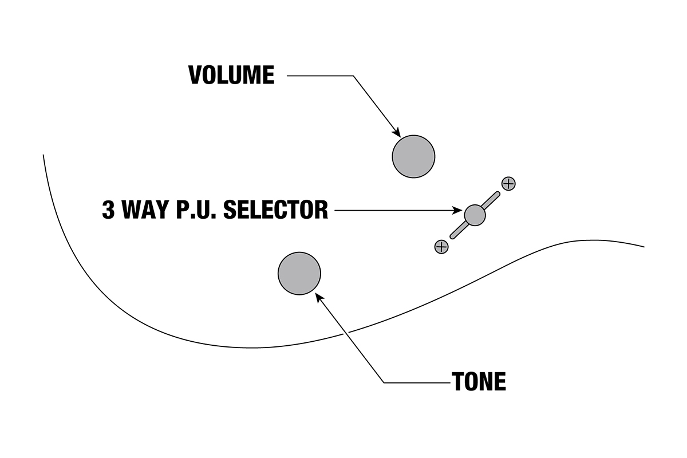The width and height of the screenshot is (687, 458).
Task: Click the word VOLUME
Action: pos(231,76)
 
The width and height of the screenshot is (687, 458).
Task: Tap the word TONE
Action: pos(479,382)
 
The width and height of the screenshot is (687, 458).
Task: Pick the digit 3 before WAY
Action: pos(108,210)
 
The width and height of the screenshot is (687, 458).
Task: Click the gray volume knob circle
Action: pos(413,156)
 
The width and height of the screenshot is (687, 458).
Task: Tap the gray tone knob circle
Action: pos(299,273)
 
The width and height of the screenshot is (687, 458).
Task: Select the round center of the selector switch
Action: pos(475,215)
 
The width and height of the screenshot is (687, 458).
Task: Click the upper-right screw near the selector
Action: pos(508,183)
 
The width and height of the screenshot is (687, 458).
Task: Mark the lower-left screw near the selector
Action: pos(441,247)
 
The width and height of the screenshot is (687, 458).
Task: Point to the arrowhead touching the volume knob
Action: pos(396,132)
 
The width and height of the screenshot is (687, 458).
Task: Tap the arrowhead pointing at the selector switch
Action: pos(460,211)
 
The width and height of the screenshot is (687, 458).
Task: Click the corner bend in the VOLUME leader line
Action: pos(353,76)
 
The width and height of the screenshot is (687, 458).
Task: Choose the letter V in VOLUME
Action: pos(196,76)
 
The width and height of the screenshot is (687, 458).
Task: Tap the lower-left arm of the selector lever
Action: pos(458,231)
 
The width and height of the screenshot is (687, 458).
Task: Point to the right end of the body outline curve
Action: pos(644,247)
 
